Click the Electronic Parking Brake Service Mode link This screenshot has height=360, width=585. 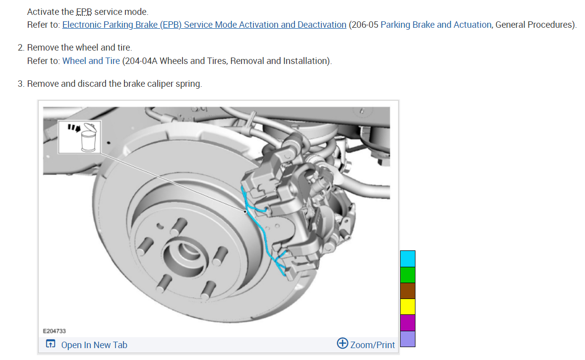204,25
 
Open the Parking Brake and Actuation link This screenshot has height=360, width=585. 436,25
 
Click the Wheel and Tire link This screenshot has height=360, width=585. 91,61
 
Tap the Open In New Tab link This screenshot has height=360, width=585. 94,345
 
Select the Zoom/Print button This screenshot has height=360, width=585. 366,344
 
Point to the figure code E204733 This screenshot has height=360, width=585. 55,331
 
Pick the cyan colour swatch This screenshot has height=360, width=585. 408,259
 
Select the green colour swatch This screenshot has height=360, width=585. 408,275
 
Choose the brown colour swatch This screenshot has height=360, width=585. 408,291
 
